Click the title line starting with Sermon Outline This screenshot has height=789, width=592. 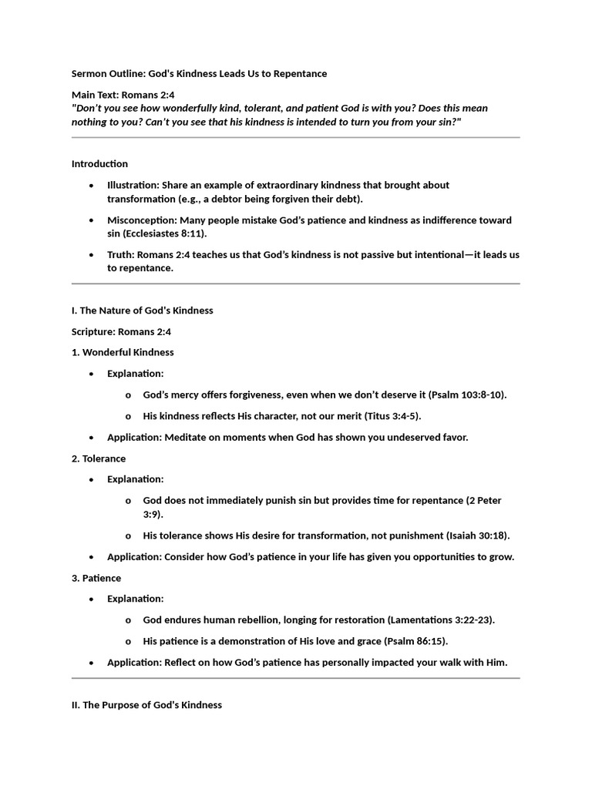coord(199,74)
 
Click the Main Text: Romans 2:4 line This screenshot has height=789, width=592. coord(123,95)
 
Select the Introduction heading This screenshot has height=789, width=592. coord(99,164)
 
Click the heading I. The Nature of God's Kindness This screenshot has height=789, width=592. coord(142,311)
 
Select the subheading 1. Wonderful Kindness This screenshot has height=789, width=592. coord(123,352)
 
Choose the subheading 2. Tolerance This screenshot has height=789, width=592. coord(99,458)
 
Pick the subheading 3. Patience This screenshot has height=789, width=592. coord(96,578)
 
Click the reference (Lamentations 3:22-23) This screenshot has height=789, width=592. coord(441,620)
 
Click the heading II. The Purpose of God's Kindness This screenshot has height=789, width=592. coord(146,705)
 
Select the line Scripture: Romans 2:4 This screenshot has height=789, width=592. coord(122,331)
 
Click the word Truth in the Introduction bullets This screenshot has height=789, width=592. coord(119,255)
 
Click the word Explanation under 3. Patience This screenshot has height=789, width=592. coord(135,599)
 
